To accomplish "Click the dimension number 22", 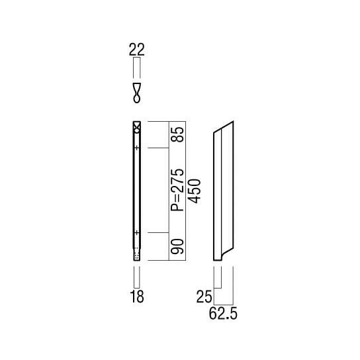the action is (137, 50).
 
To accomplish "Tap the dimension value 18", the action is (137, 296).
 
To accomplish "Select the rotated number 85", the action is (177, 134).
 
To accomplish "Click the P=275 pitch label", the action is (177, 190).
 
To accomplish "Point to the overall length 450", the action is (195, 191).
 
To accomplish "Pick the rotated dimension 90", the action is (177, 246).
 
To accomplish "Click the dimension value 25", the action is (204, 297).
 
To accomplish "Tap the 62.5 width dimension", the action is (223, 314).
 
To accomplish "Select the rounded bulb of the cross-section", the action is (137, 99).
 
